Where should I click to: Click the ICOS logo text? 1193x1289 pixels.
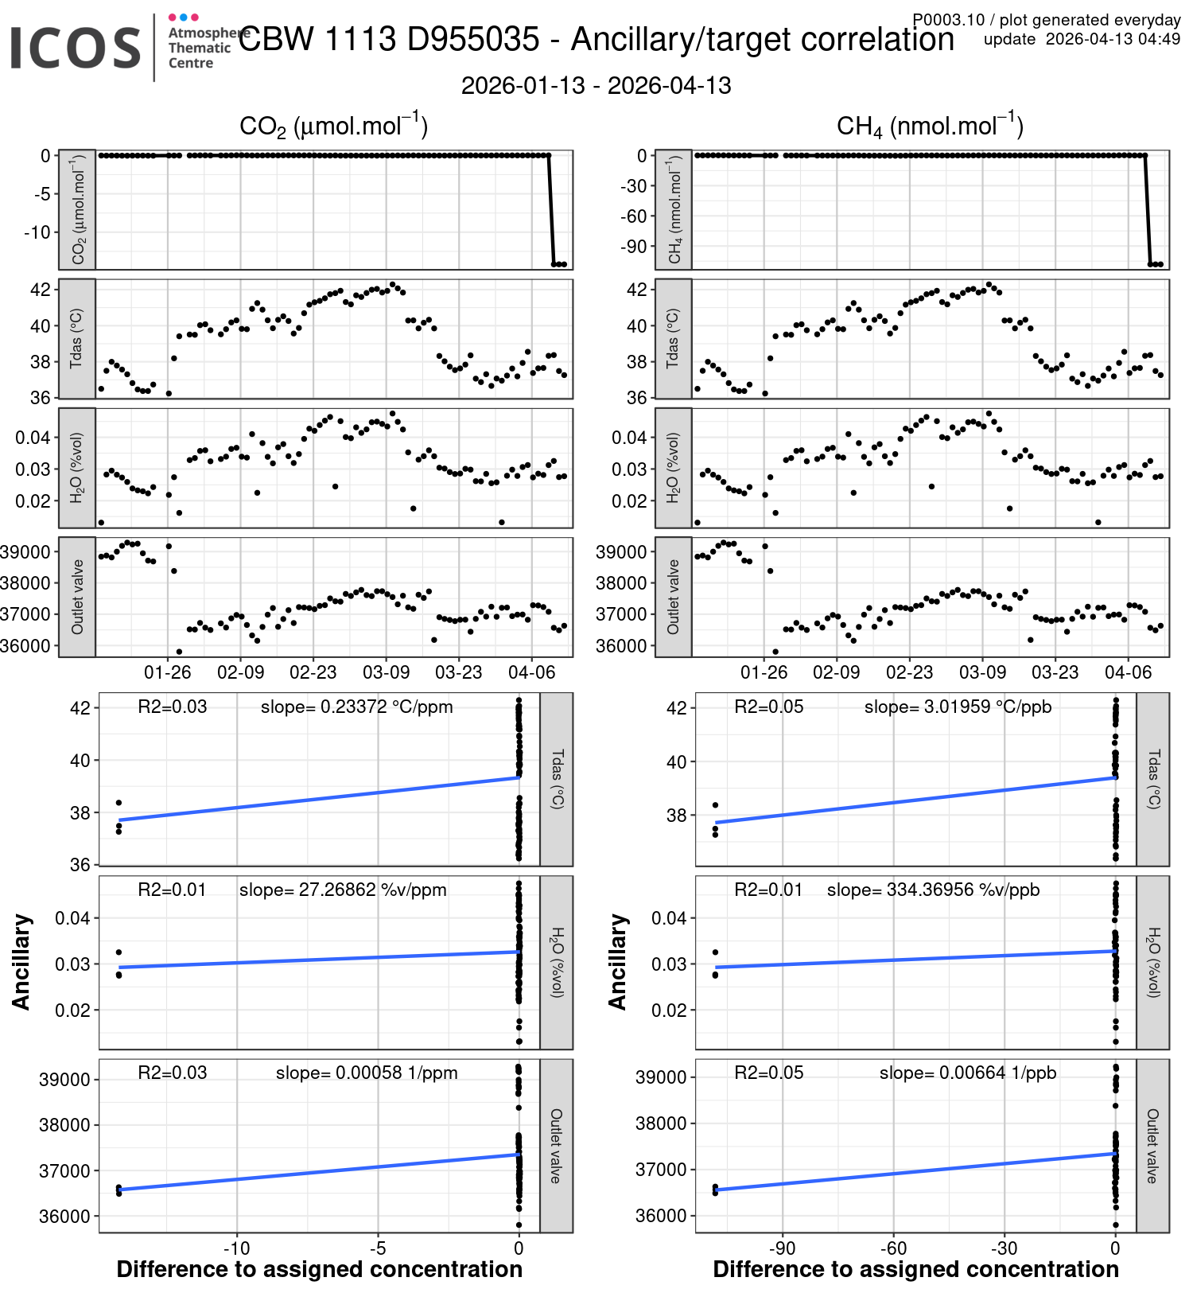tap(76, 48)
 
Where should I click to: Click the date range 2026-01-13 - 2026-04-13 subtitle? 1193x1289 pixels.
tap(596, 86)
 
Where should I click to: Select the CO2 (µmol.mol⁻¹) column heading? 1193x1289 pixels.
tap(334, 127)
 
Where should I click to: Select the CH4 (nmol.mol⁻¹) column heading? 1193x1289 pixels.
tap(930, 127)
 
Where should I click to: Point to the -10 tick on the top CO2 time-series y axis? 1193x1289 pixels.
tap(37, 232)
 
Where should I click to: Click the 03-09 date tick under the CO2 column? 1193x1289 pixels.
tap(386, 672)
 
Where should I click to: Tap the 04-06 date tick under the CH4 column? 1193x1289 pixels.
tap(1128, 672)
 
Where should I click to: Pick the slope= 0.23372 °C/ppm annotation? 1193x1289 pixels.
tap(356, 707)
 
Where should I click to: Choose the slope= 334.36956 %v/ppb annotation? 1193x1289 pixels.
tap(933, 890)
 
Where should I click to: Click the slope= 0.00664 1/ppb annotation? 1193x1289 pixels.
tap(967, 1073)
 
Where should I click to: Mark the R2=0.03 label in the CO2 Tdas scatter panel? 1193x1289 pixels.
tap(172, 707)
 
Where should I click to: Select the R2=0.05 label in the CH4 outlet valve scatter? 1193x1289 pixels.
tap(768, 1073)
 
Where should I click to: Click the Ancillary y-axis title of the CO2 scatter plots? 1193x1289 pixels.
tap(21, 962)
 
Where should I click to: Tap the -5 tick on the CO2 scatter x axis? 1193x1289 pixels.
tap(378, 1248)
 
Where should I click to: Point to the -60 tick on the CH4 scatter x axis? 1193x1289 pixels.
tap(893, 1248)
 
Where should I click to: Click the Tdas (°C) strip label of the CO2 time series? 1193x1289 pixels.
tap(77, 338)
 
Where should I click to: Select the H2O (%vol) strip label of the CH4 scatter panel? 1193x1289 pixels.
tap(1153, 962)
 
